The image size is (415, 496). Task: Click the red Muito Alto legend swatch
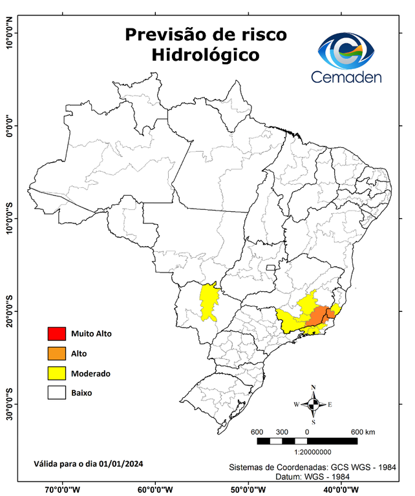[x=56, y=334]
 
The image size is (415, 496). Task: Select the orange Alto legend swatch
[x=56, y=353]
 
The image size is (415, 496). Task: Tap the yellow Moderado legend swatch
[x=56, y=373]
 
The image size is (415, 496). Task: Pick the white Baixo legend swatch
[x=56, y=393]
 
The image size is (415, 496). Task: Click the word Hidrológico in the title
[x=206, y=56]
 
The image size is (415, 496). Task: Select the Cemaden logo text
[x=346, y=77]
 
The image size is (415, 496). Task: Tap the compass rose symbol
[x=314, y=404]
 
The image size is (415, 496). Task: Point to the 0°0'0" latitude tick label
[x=9, y=126]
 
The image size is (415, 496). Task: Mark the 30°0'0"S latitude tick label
[x=9, y=404]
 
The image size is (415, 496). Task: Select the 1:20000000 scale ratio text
[x=314, y=453]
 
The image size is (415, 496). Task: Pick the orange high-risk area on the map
[x=317, y=318]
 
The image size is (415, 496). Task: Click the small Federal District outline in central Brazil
[x=271, y=266]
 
